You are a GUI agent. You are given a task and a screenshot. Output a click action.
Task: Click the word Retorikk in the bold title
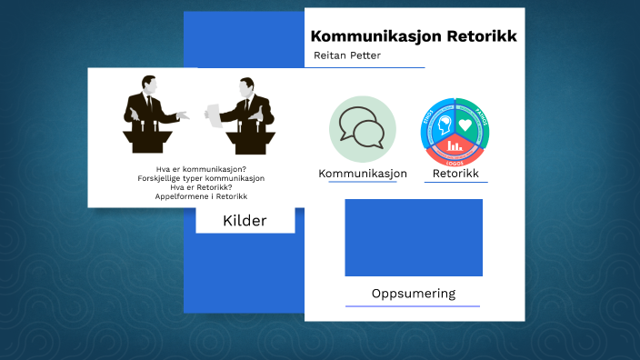tap(481, 36)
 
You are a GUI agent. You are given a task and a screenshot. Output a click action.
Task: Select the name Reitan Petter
tap(346, 56)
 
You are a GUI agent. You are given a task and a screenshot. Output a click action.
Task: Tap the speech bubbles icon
tap(362, 128)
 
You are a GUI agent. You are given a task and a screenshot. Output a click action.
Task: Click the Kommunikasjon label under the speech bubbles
tap(363, 174)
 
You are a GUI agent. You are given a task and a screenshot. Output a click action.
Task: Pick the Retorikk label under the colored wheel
tap(455, 174)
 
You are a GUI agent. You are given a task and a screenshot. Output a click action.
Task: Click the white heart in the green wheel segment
tap(465, 125)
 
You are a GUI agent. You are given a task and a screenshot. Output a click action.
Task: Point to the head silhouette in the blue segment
tap(445, 125)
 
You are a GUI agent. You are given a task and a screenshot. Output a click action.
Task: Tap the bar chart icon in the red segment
tap(455, 144)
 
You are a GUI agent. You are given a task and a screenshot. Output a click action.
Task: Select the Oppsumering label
tap(413, 294)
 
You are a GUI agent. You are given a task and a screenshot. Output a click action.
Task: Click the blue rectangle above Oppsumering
tap(414, 237)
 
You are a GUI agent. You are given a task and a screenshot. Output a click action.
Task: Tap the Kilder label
tap(245, 220)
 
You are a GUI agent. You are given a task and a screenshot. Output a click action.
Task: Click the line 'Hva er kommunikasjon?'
tap(201, 169)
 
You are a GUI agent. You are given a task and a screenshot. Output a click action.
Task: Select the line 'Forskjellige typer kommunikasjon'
tap(201, 178)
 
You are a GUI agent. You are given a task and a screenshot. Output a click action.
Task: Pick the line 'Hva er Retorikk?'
tap(201, 187)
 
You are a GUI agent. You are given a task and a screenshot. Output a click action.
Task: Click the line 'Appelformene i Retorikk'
tap(201, 196)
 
